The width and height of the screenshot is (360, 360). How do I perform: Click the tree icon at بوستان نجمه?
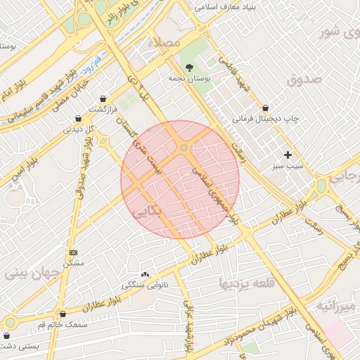[x=189, y=67]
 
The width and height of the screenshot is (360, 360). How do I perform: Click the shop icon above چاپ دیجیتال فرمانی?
[x=265, y=108]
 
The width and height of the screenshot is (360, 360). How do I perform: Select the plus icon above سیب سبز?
[x=288, y=155]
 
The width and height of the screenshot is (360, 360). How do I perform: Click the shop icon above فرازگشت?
[x=104, y=98]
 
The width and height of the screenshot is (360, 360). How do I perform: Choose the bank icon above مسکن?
[x=73, y=252]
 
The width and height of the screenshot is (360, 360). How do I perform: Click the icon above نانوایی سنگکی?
[x=145, y=274]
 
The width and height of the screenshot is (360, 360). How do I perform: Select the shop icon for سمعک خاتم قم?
[x=63, y=314]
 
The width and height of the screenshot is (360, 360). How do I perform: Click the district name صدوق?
[x=304, y=79]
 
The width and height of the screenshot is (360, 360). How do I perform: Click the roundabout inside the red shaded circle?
[x=184, y=148]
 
